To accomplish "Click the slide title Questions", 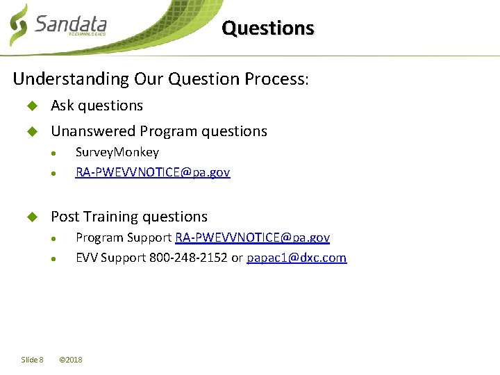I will pyautogui.click(x=268, y=28).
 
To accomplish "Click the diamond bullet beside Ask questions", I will pyautogui.click(x=31, y=106).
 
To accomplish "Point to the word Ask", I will pyautogui.click(x=62, y=106).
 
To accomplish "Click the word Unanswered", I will pyautogui.click(x=93, y=131).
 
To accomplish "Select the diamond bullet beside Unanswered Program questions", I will pyautogui.click(x=31, y=132).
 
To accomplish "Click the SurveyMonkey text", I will pyautogui.click(x=117, y=152).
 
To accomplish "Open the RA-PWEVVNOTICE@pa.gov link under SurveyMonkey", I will pyautogui.click(x=152, y=172).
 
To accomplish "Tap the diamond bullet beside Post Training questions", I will pyautogui.click(x=31, y=217).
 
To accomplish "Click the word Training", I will pyautogui.click(x=113, y=217).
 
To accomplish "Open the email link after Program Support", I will pyautogui.click(x=252, y=237).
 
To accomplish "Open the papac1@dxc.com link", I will pyautogui.click(x=297, y=258).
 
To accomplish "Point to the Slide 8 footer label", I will pyautogui.click(x=32, y=360).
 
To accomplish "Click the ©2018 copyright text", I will pyautogui.click(x=71, y=360).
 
